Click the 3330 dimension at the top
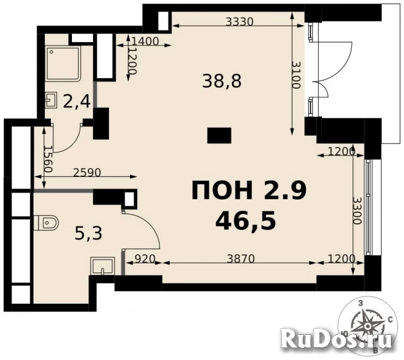point(240,22)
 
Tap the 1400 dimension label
point(145,41)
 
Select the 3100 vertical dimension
point(296,75)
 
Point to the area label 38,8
point(222,81)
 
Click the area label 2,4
point(77,101)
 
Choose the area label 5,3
point(88,233)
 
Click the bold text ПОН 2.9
point(249,191)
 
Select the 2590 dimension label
point(87,173)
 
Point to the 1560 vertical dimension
point(48,159)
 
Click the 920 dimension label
point(144,258)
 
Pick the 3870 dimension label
point(240,259)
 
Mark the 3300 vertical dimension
point(357,211)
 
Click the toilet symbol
point(46,222)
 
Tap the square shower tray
point(63,63)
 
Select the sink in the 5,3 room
point(103,266)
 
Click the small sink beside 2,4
point(52,100)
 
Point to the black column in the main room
point(219,136)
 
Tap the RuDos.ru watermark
point(336,338)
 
